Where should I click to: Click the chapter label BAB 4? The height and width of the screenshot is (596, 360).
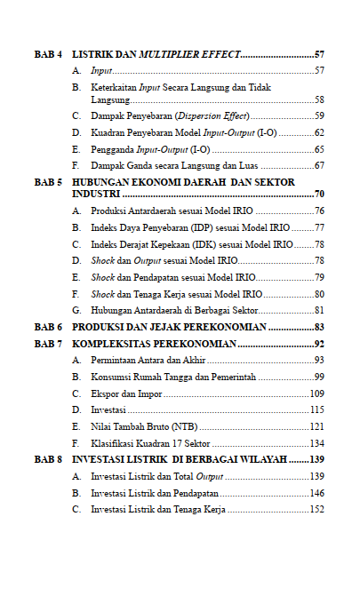(47, 55)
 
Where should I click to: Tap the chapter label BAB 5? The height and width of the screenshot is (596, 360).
(47, 181)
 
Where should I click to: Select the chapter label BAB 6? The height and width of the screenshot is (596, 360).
(47, 328)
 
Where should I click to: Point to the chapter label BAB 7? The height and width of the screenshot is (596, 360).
(47, 344)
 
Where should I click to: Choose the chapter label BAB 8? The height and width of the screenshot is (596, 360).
(47, 460)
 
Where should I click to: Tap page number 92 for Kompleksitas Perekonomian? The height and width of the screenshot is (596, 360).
(317, 344)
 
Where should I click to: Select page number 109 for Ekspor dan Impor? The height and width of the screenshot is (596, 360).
(316, 393)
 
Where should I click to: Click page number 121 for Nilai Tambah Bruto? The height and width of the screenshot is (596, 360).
(316, 427)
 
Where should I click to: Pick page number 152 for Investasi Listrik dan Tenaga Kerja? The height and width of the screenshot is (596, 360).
(316, 510)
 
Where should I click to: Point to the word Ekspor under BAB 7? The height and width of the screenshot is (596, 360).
(104, 393)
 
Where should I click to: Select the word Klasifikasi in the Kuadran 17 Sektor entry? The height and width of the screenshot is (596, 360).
(113, 443)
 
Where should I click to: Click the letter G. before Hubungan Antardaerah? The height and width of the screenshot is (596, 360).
(76, 310)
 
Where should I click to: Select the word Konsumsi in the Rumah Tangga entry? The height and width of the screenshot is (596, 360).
(111, 377)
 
